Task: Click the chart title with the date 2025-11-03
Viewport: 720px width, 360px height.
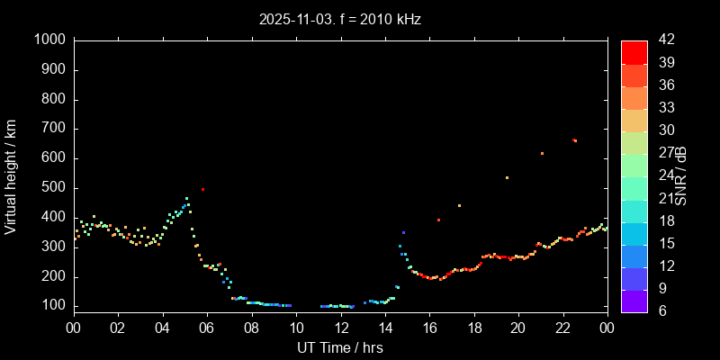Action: [x=339, y=18]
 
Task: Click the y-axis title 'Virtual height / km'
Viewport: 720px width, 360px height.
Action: [x=11, y=175]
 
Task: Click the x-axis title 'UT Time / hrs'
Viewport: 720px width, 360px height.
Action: [x=340, y=347]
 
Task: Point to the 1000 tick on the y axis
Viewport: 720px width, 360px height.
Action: [x=50, y=40]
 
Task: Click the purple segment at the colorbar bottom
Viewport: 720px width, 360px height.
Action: [x=634, y=301]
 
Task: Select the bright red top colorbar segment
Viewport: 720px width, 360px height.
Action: [x=634, y=51]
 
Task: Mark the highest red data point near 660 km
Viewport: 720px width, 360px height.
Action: [x=574, y=140]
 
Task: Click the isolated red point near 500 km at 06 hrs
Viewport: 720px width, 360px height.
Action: [x=203, y=189]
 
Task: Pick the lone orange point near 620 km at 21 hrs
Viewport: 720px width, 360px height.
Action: [x=542, y=153]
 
